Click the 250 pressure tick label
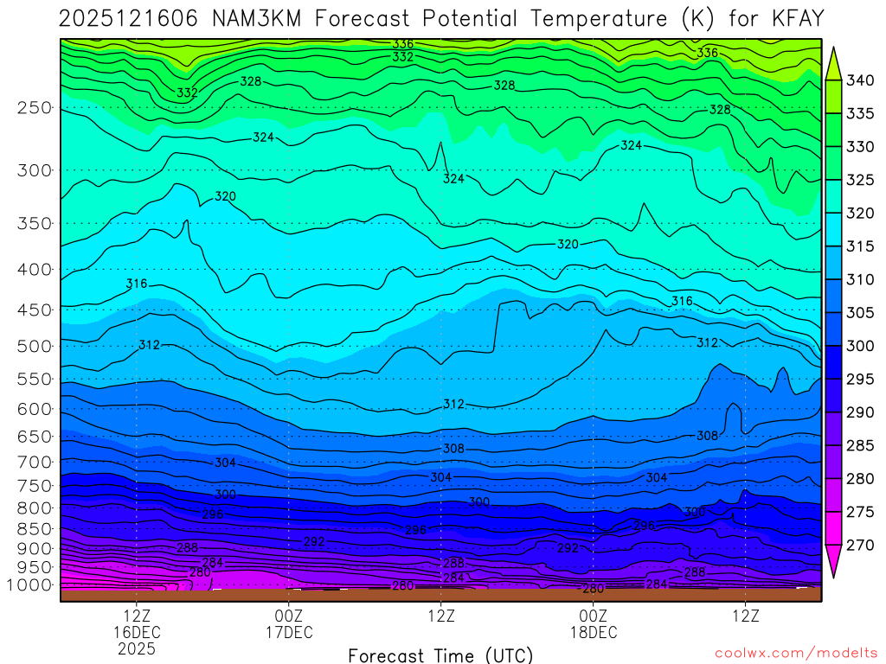(34, 108)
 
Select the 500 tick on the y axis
(34, 347)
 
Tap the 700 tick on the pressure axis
(34, 462)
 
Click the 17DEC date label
(288, 633)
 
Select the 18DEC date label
(594, 633)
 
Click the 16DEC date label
(138, 633)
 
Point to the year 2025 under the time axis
(138, 648)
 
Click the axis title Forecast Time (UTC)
(440, 654)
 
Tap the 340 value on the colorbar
(859, 81)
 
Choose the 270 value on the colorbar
(859, 546)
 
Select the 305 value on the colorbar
(859, 313)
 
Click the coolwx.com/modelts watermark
(794, 651)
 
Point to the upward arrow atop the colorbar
(833, 62)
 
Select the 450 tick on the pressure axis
(34, 310)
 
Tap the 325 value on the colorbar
(859, 181)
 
